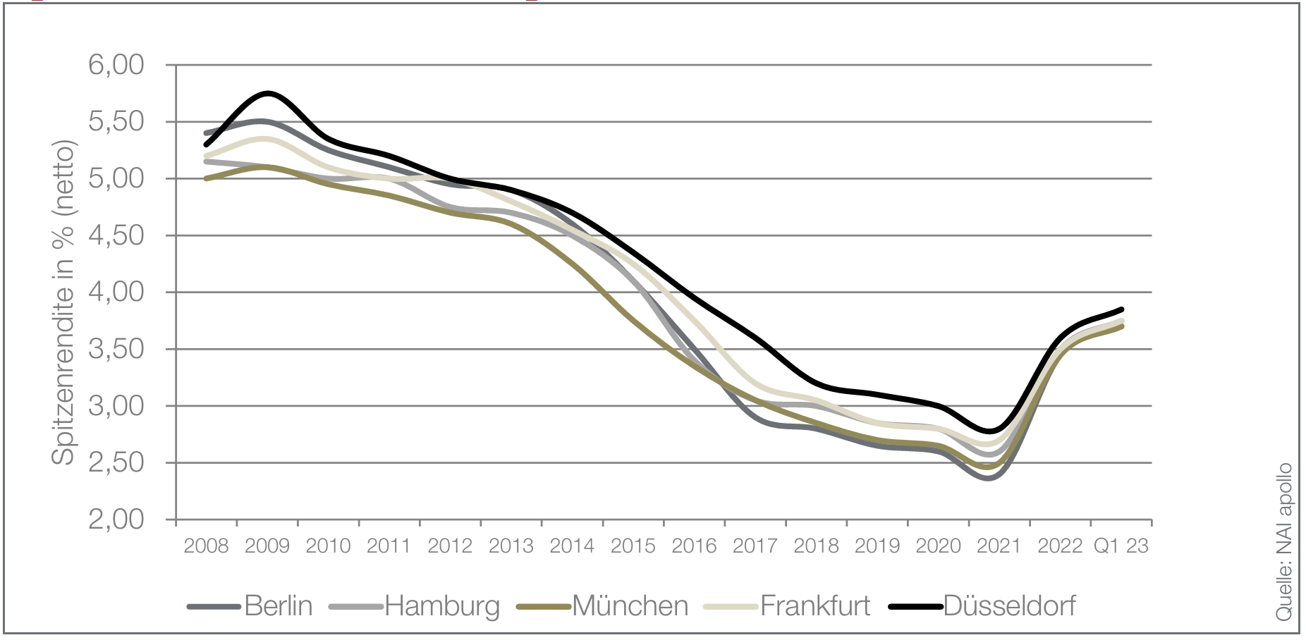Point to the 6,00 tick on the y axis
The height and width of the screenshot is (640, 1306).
tap(116, 65)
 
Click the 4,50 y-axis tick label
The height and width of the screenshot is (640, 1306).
tap(116, 235)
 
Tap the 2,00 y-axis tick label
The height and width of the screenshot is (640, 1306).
tap(116, 520)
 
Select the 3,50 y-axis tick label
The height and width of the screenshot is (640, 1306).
tap(116, 350)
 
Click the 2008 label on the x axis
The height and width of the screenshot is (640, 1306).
tap(206, 546)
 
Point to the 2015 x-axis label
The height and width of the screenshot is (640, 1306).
tap(633, 546)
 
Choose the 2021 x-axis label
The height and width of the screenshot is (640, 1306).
tap(999, 546)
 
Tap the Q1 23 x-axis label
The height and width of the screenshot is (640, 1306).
tap(1121, 546)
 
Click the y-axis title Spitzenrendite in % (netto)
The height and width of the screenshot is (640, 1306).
tap(63, 303)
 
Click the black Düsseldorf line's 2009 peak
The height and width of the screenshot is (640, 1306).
tap(268, 93)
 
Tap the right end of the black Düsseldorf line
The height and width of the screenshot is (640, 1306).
tap(1121, 309)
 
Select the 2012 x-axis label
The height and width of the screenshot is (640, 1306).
tap(450, 546)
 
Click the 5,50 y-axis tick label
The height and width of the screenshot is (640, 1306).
tap(116, 122)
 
